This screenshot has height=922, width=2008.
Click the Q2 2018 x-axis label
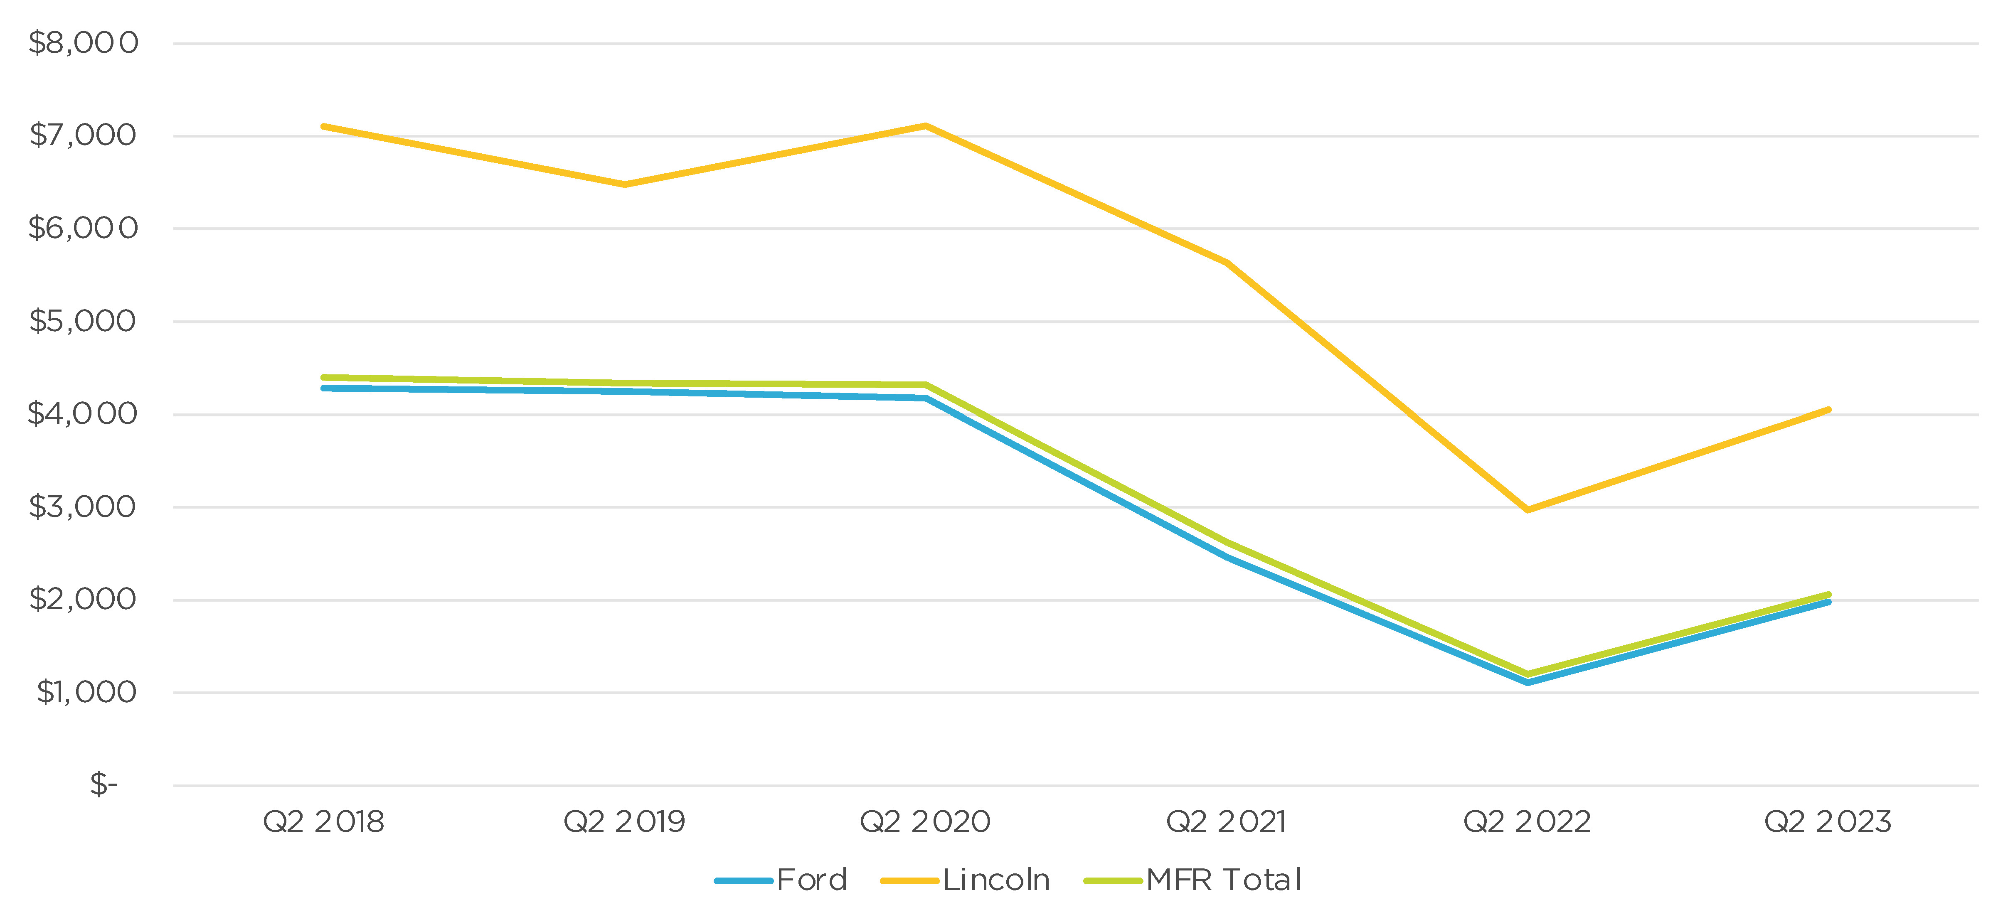323,821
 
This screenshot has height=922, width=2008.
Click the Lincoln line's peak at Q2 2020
925,125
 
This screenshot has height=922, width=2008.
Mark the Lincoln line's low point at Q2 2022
1527,510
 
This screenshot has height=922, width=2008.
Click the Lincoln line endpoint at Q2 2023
1828,410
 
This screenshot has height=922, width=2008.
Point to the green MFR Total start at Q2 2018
323,377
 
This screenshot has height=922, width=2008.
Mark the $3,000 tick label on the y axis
83,506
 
